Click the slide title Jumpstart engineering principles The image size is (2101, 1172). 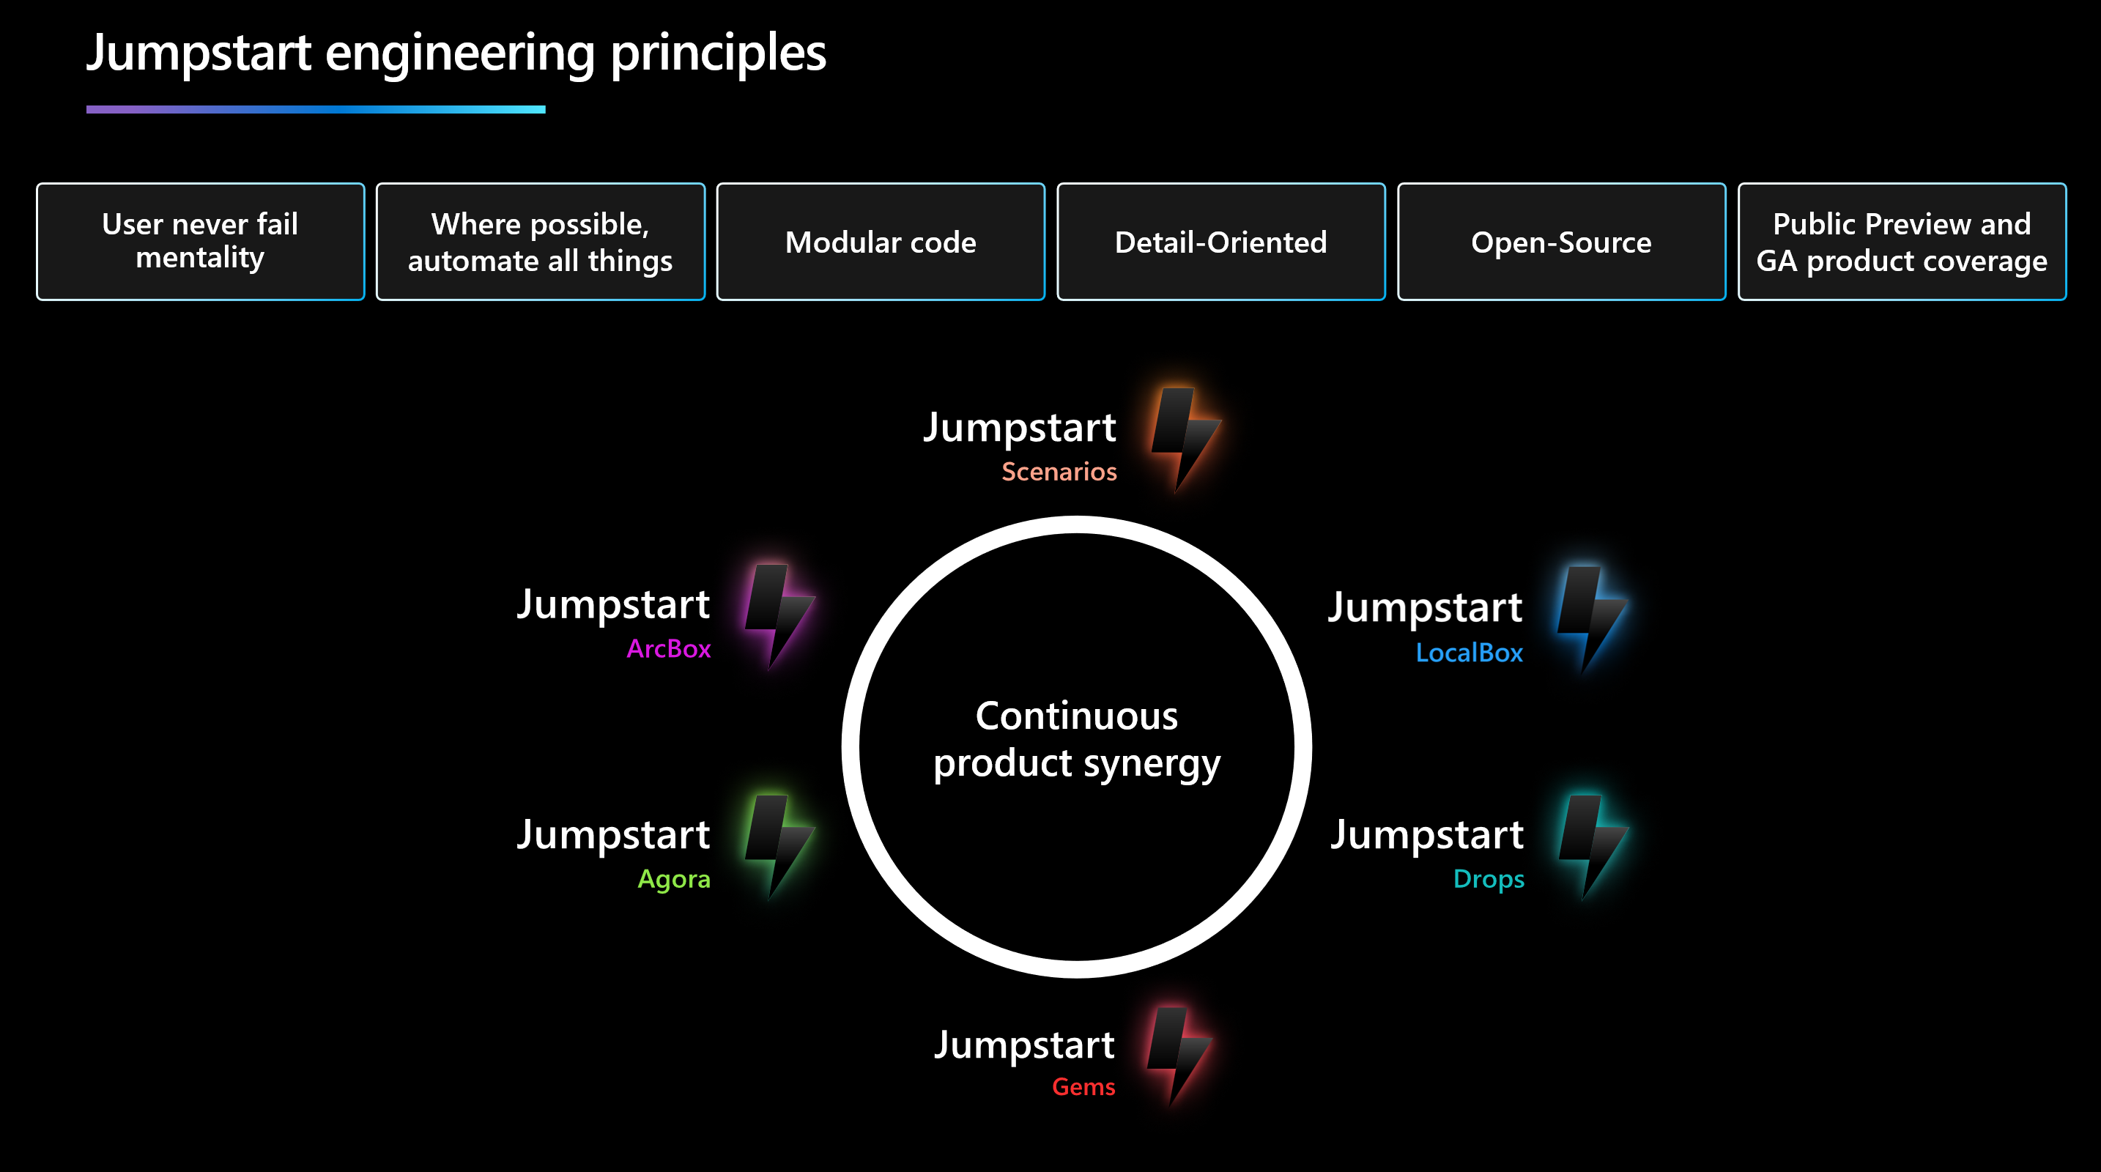tap(456, 53)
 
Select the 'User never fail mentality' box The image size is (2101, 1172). tap(200, 242)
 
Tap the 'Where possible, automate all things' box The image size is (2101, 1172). tap(540, 242)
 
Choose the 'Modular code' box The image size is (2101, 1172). tap(880, 242)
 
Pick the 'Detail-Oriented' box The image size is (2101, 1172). tap(1220, 242)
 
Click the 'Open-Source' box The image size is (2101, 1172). tap(1561, 242)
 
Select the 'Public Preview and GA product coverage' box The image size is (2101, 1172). tap(1901, 242)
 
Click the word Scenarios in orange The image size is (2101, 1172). tap(1059, 472)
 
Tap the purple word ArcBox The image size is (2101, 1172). tap(668, 648)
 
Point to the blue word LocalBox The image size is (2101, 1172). tap(1469, 653)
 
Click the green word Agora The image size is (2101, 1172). tap(674, 879)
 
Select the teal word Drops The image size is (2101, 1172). tap(1489, 879)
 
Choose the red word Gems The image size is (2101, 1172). tap(1083, 1086)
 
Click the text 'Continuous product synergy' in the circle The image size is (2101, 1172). tap(1077, 739)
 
